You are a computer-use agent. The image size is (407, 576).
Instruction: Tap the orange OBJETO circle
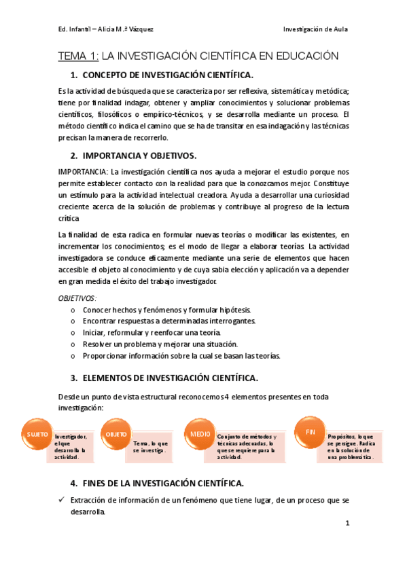coord(116,434)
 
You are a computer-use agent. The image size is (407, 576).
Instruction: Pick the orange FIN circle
coord(310,432)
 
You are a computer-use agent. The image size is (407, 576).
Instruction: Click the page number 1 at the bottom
coord(347,523)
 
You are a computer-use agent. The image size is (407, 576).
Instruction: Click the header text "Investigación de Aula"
coord(315,29)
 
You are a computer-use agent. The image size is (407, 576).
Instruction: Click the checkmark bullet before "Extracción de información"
coord(61,500)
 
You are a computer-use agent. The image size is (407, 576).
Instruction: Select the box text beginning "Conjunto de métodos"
coord(247,446)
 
